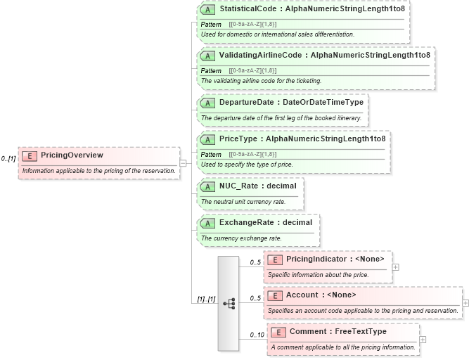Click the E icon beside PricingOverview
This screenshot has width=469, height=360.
point(30,155)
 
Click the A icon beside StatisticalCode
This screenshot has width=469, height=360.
point(208,11)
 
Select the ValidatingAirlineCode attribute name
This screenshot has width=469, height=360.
point(260,55)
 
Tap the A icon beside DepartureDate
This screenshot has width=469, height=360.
point(208,103)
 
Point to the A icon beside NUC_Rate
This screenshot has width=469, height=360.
point(208,186)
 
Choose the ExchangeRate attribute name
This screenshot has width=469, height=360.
point(246,222)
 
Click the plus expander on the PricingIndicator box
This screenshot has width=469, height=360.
point(396,267)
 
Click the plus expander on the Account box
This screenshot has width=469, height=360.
point(465,303)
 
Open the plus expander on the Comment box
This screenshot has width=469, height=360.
point(422,340)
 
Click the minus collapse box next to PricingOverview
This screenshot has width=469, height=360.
point(183,162)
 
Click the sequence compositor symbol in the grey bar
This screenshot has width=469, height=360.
point(229,303)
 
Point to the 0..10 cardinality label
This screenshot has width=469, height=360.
point(256,335)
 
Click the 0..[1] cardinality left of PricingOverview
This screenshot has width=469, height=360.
point(9,158)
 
